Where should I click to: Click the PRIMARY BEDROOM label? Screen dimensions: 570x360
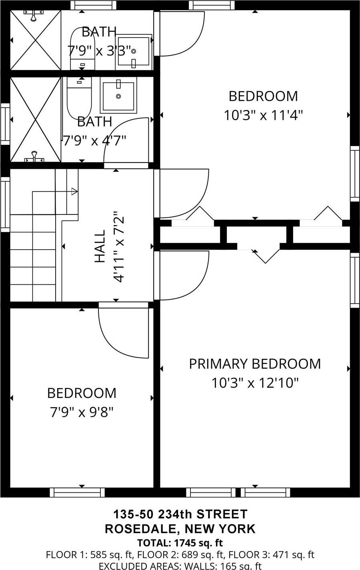tap(255, 364)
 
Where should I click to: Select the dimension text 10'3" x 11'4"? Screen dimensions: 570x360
tap(263, 116)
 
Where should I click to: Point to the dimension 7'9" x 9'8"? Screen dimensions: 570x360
tap(82, 412)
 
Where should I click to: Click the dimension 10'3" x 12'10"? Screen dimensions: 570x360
tap(255, 383)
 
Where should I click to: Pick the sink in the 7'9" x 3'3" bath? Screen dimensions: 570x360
tap(134, 52)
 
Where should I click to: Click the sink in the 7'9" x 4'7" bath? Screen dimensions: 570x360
tap(118, 95)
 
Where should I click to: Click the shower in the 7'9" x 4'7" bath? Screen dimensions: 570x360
tap(35, 120)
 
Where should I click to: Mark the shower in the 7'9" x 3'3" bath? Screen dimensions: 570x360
tap(35, 40)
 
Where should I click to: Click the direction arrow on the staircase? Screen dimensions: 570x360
tap(74, 192)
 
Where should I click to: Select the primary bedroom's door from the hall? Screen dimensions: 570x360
tap(182, 276)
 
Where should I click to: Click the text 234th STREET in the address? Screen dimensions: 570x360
tap(203, 514)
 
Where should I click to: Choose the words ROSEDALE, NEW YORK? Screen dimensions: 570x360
tap(180, 529)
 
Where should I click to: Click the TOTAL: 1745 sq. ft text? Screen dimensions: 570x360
tap(180, 543)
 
